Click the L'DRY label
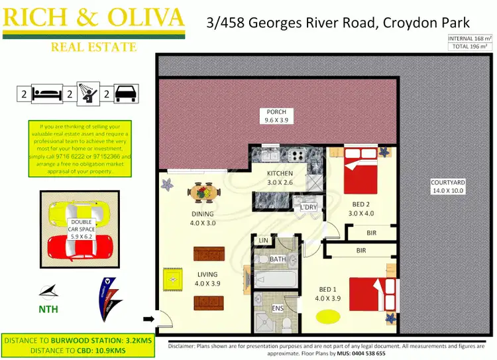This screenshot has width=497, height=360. pos(309,208)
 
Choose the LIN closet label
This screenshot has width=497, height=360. pos(263,240)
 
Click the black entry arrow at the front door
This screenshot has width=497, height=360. pos(149,320)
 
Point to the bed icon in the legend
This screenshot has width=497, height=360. pos(48,93)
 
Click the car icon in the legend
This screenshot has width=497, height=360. pos(126,93)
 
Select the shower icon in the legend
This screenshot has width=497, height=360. pos(87,93)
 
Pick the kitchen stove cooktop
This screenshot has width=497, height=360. pos(295,156)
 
